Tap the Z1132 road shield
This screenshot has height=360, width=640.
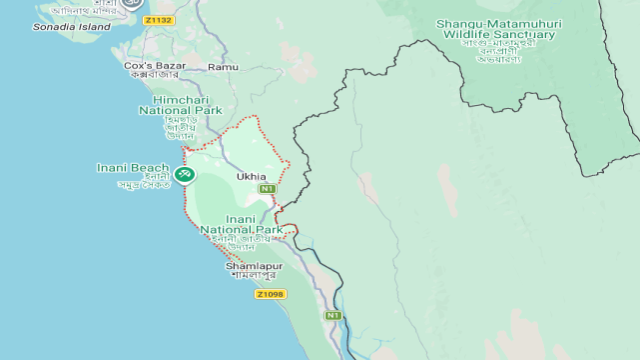(x=157, y=20)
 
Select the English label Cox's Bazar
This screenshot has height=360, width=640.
(x=150, y=65)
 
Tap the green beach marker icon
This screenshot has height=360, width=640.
(x=184, y=175)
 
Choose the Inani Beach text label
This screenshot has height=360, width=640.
(x=133, y=167)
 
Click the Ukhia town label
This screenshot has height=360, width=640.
(x=251, y=177)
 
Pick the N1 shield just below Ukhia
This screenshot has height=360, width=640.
(x=267, y=189)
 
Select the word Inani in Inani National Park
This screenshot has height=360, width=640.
(x=241, y=219)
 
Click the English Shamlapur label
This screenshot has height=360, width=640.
(x=254, y=266)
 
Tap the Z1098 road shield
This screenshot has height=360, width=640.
(x=270, y=294)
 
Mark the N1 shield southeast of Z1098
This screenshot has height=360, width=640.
(x=332, y=315)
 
